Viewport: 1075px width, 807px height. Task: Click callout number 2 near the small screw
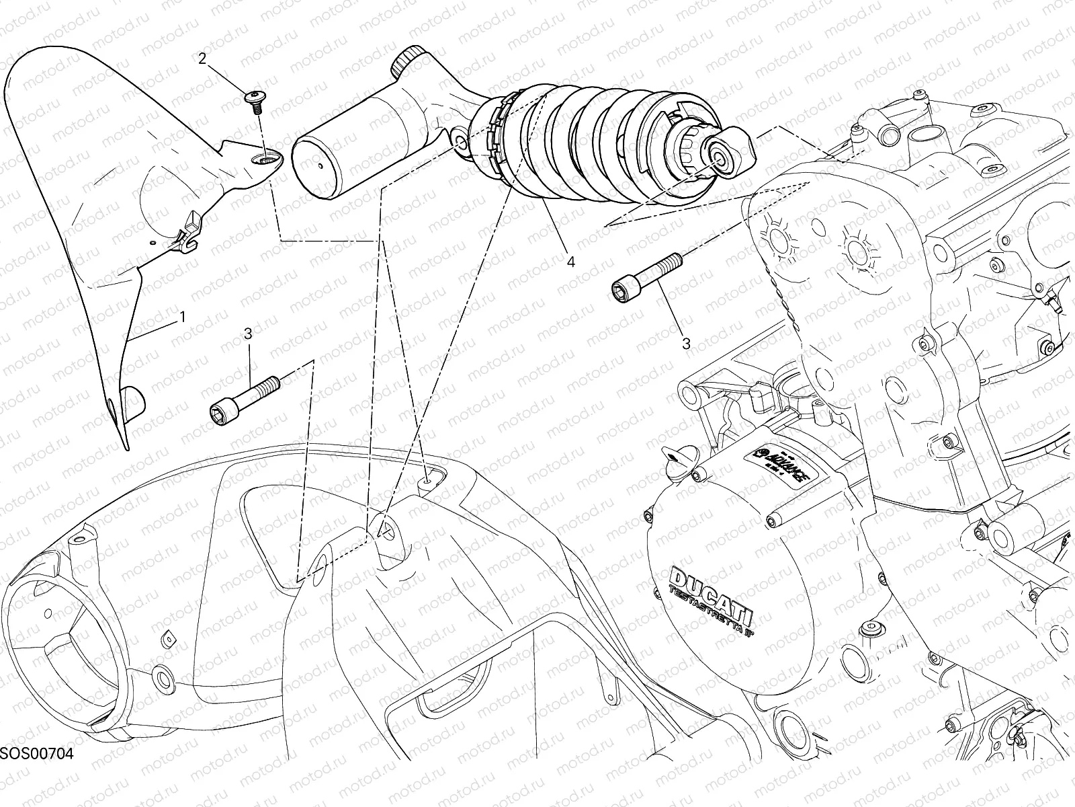202,59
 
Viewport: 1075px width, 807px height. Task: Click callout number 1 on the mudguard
181,316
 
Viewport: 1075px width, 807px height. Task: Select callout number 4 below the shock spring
570,262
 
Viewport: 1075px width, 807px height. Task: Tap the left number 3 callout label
248,333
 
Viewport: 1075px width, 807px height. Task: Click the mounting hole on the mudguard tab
267,157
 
